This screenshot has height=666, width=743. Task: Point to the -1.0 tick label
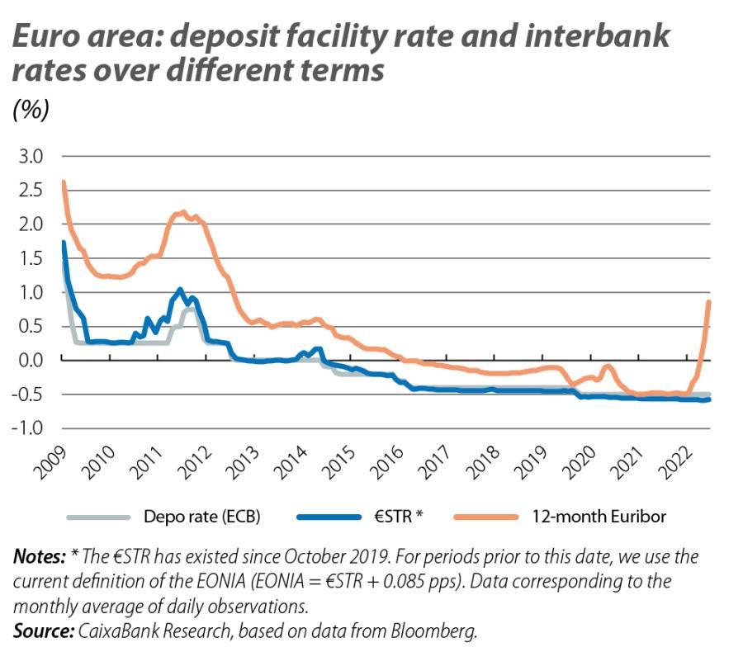pos(31,428)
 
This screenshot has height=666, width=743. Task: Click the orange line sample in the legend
pos(485,517)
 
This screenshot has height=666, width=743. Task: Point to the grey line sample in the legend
pos(98,517)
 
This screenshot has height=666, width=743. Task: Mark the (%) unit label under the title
pos(31,111)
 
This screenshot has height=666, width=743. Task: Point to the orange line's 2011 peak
pos(183,212)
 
